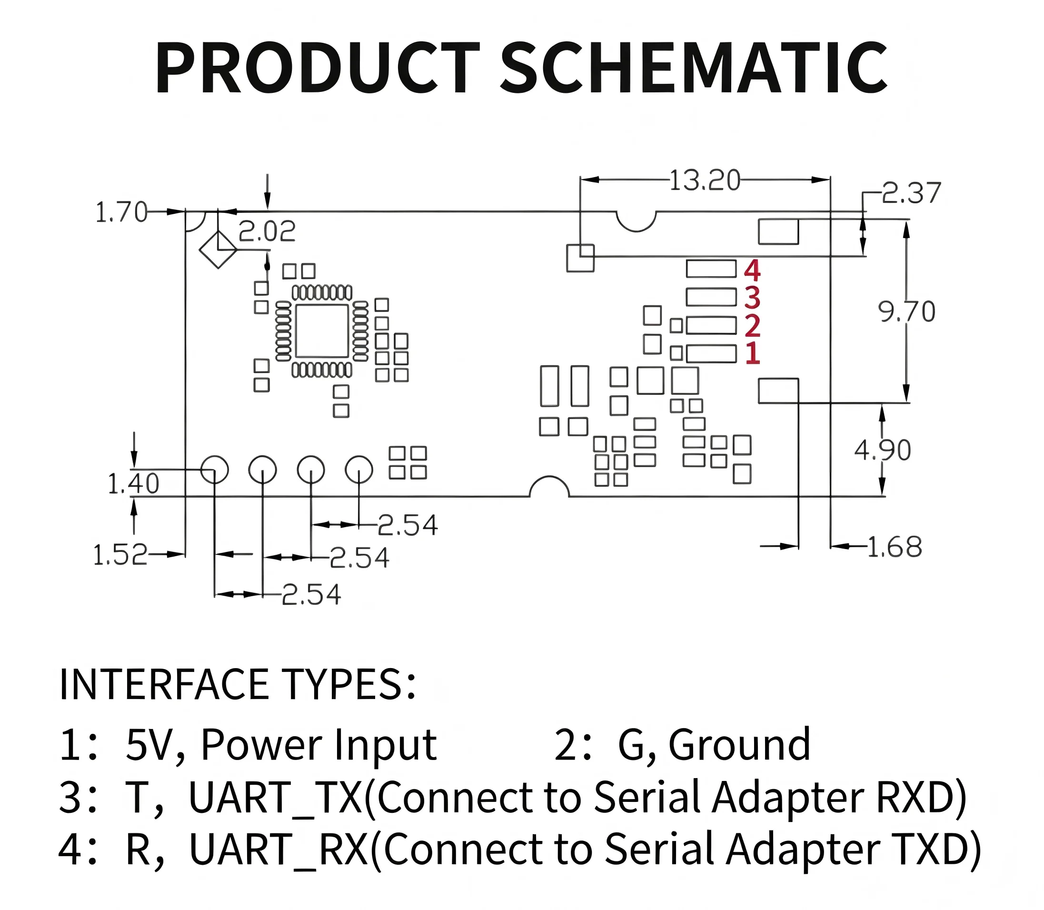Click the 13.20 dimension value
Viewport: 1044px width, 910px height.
point(705,180)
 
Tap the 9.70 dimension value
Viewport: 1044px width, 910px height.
point(906,312)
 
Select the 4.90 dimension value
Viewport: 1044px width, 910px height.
point(883,450)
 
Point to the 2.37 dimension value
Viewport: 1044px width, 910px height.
point(912,193)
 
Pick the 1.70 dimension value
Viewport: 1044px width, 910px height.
point(121,212)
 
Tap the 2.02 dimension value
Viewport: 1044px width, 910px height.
point(267,231)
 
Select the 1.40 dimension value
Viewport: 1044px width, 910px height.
point(133,483)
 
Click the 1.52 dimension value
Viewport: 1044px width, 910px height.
point(120,555)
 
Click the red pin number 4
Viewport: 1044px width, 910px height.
point(752,270)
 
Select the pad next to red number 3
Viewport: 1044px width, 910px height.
point(711,297)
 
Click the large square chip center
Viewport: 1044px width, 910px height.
point(322,331)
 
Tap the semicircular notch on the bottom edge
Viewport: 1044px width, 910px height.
point(549,477)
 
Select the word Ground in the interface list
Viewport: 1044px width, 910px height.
point(739,745)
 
